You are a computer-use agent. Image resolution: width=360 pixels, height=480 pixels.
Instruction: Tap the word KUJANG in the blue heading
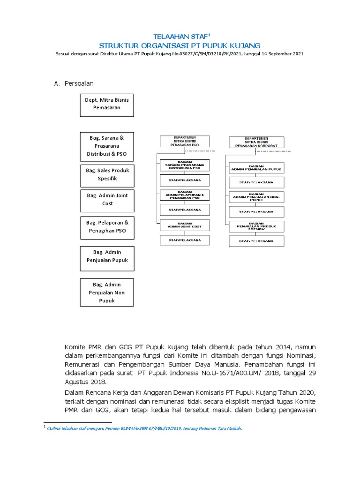coord(243,45)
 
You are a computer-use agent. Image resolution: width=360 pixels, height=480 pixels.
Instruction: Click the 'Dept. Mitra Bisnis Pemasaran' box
coord(107,104)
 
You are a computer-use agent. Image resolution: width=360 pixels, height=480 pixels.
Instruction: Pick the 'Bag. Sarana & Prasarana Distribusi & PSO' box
coord(107,146)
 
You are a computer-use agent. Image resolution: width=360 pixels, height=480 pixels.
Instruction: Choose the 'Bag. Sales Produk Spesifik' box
coord(107,174)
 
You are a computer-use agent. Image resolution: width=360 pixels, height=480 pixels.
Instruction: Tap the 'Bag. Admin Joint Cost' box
coord(107,199)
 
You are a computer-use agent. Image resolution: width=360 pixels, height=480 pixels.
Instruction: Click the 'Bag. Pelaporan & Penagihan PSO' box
coord(107,226)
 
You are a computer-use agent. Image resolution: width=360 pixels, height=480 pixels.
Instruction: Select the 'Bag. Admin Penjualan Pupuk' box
coord(107,256)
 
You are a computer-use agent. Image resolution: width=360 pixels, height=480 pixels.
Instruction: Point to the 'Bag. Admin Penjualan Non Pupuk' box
coord(107,292)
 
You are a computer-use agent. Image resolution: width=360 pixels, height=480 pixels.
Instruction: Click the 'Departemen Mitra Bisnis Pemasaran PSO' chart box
coord(184,142)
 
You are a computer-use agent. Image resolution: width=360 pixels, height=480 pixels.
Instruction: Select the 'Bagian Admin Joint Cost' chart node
coord(184,225)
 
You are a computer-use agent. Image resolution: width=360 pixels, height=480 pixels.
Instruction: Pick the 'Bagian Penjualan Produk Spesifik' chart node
coord(256,226)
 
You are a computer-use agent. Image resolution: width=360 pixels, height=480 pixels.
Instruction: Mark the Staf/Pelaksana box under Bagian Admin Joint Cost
coord(184,240)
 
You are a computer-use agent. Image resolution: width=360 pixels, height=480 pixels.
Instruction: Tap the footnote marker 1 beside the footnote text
coord(44,427)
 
